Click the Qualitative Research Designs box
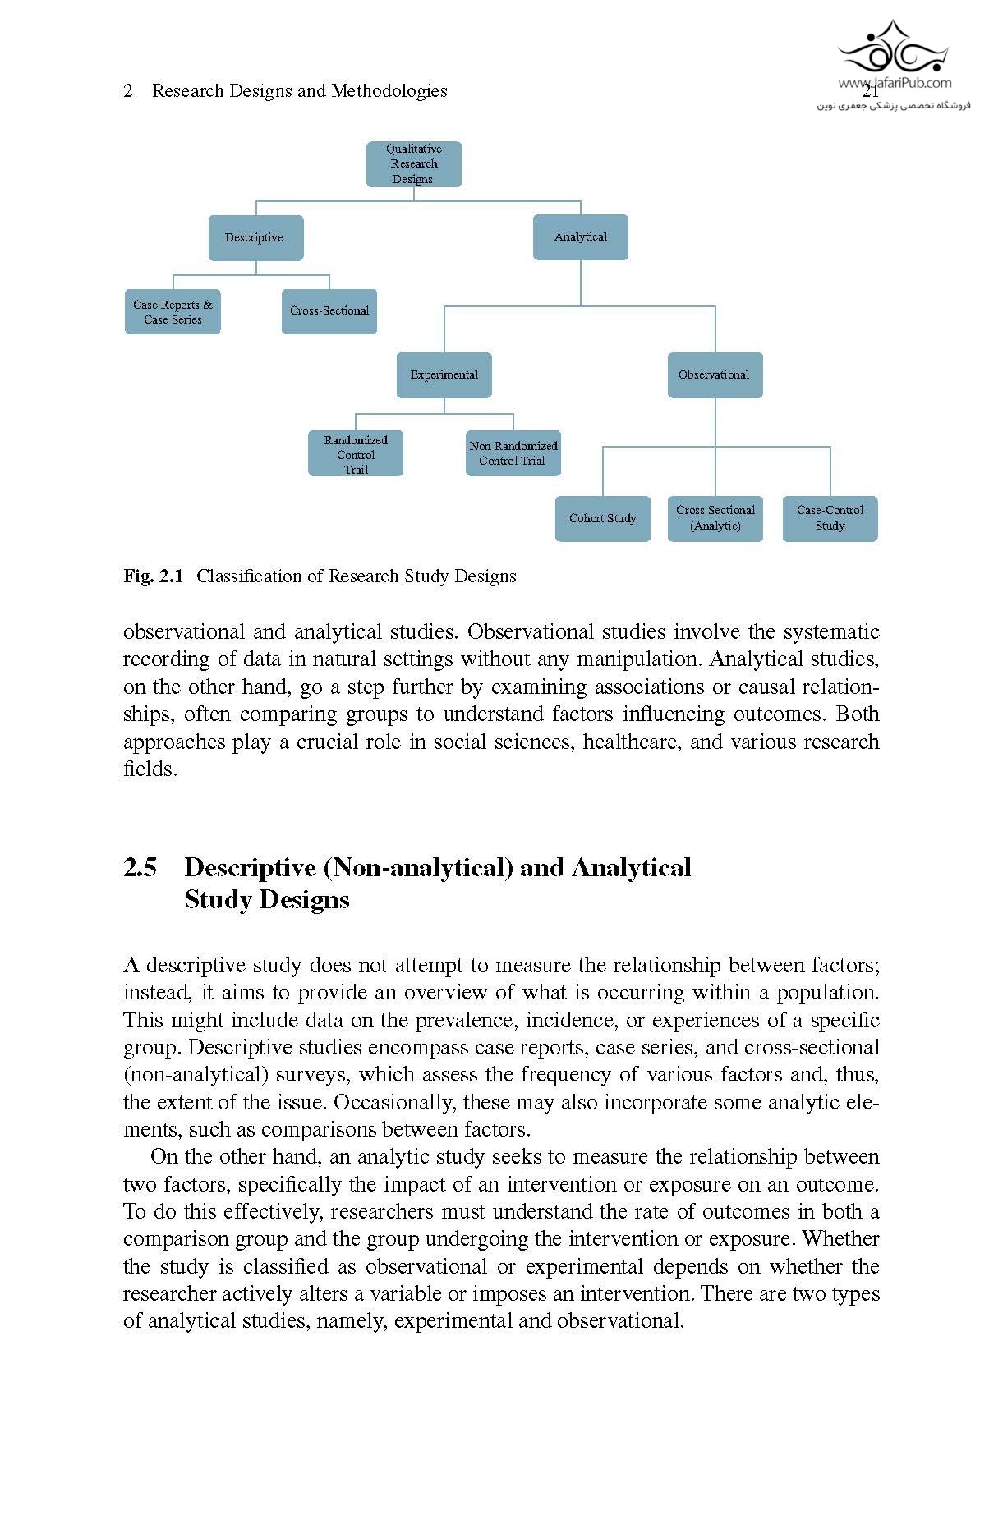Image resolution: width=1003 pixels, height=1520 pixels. (413, 164)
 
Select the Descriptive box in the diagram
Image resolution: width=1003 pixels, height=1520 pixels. (255, 238)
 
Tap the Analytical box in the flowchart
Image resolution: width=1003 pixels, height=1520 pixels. (580, 237)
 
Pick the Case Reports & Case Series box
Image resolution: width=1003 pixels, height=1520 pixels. (173, 312)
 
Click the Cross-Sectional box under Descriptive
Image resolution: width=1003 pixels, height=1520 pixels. (329, 311)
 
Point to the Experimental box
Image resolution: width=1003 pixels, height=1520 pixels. (444, 375)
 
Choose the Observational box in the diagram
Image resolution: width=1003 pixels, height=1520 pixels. (715, 375)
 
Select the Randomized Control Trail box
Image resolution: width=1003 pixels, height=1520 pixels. (356, 454)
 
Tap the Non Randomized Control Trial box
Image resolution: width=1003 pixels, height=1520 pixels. (513, 453)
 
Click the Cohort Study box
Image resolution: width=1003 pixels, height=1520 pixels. (602, 519)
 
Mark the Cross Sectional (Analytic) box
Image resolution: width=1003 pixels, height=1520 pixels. (715, 518)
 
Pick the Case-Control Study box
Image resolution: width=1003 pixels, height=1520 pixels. (830, 518)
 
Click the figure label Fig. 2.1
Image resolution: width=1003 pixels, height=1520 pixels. (153, 576)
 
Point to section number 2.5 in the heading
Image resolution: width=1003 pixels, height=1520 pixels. (140, 868)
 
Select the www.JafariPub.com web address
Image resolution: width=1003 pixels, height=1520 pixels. (895, 83)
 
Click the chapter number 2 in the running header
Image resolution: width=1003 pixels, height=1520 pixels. (128, 91)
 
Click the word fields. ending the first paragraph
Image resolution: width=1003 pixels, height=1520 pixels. (150, 770)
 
